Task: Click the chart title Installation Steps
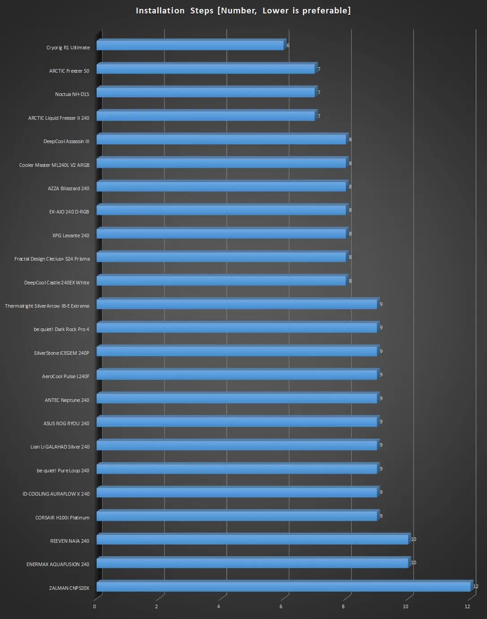coord(243,10)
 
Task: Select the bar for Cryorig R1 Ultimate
coord(190,46)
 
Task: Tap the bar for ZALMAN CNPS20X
coord(283,587)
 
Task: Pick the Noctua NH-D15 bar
coord(206,93)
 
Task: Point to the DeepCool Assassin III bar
coord(221,140)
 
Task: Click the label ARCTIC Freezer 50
coord(69,71)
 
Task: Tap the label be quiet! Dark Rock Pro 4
coord(61,329)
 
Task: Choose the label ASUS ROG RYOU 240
coord(66,423)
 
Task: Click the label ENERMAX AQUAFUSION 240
coord(58,564)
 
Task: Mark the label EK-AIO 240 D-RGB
coord(69,212)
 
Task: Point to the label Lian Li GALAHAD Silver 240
coord(60,447)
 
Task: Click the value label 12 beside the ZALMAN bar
coord(476,586)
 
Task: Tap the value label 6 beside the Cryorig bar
coord(288,45)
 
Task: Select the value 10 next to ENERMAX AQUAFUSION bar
coord(414,562)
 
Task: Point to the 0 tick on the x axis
coord(95,606)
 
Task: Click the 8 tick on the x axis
coord(343,606)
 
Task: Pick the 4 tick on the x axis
coord(219,606)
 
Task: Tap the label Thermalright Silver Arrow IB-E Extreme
coord(47,306)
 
